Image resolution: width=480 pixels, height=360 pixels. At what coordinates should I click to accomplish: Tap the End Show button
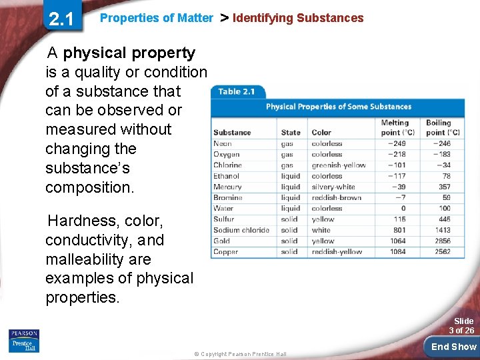[x=453, y=346]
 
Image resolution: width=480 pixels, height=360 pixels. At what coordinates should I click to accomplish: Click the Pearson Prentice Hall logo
[x=24, y=340]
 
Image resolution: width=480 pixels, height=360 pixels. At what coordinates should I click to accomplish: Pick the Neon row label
[x=223, y=143]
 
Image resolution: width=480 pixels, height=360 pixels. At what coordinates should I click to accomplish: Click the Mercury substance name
[x=227, y=187]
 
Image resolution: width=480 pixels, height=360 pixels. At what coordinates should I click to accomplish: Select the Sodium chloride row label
[x=241, y=230]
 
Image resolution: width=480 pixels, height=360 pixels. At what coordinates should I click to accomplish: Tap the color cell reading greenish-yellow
[x=339, y=165]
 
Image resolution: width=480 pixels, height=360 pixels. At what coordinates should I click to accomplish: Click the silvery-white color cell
[x=333, y=187]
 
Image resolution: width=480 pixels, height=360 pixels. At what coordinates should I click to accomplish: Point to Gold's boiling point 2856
[x=442, y=241]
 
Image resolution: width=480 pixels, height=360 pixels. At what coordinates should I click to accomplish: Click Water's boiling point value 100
[x=445, y=209]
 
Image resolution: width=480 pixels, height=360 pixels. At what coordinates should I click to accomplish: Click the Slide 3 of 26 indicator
[x=461, y=325]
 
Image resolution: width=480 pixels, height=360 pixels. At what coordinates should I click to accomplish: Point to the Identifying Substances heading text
[x=298, y=18]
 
